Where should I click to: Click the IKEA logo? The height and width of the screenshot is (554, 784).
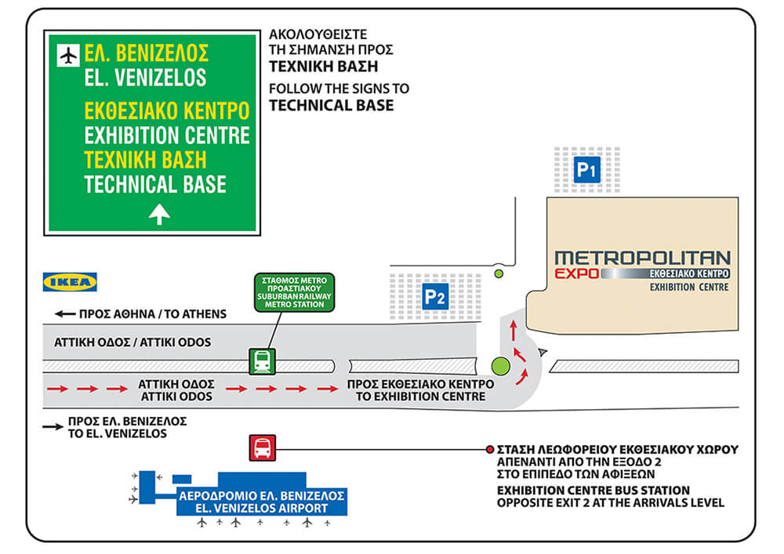(70, 282)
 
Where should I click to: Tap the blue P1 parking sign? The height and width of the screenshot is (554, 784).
(587, 170)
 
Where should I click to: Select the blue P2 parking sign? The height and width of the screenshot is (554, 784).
(435, 297)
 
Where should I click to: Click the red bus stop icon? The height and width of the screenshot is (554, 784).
(263, 447)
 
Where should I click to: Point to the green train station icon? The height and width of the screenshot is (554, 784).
(263, 362)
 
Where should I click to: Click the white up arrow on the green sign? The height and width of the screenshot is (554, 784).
(159, 214)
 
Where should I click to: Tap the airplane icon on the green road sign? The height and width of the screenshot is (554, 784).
(68, 55)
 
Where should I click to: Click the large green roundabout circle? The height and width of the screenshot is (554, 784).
(500, 366)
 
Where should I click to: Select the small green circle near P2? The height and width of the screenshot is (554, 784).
(499, 273)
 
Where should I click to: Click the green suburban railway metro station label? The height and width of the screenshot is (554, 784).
(294, 293)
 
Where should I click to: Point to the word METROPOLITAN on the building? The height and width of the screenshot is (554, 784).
(643, 258)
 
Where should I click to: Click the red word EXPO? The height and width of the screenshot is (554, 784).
(577, 273)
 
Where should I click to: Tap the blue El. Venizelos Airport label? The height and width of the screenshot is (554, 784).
(262, 502)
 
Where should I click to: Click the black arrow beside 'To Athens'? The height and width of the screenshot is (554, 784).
(65, 313)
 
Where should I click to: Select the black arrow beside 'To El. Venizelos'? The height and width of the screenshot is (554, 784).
(53, 426)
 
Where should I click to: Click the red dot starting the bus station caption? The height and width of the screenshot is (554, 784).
(490, 450)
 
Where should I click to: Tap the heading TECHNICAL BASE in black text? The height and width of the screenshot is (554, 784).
(332, 106)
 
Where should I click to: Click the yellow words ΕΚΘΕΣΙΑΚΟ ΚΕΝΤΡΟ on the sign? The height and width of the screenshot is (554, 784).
(166, 111)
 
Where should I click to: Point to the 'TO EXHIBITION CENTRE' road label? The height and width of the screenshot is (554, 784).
(420, 396)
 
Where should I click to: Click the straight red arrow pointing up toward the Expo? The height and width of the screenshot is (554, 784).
(513, 331)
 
